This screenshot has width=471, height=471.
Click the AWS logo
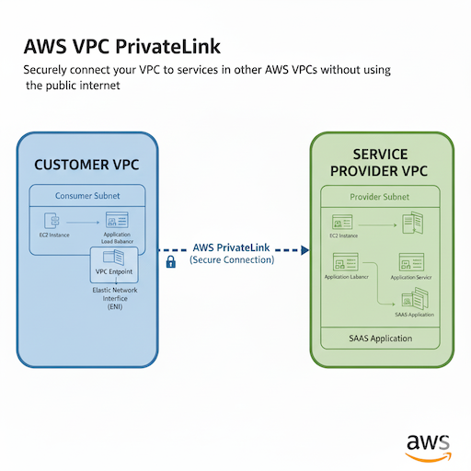(428, 443)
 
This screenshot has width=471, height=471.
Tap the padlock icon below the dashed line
(170, 262)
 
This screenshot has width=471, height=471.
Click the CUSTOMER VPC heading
(87, 166)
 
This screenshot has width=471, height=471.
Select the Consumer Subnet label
(87, 196)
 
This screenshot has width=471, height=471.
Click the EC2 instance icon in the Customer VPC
(52, 221)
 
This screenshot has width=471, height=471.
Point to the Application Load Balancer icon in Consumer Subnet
(117, 221)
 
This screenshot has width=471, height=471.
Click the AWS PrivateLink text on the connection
(232, 247)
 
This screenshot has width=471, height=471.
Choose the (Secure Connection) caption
(232, 260)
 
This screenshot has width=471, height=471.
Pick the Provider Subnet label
(380, 197)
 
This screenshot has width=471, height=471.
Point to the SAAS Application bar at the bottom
(380, 339)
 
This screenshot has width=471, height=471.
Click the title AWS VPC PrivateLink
(122, 47)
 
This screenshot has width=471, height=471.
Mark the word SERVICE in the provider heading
(380, 155)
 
